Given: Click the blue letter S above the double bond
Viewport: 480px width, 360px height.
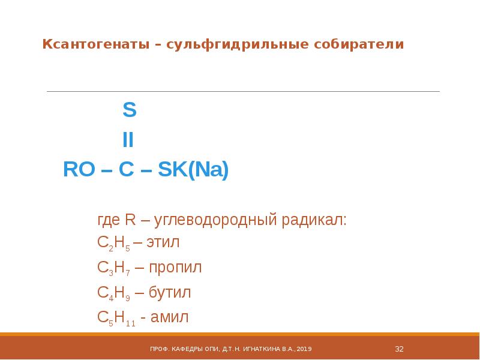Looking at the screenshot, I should (129, 110).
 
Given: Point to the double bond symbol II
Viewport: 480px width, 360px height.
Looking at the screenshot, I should (128, 140).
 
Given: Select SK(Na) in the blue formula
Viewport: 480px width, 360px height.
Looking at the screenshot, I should (193, 170).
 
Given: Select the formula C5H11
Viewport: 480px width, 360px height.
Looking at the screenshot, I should (116, 318).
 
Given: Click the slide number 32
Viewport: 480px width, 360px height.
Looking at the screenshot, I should (398, 349).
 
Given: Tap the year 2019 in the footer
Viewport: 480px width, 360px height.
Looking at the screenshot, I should (304, 349).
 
